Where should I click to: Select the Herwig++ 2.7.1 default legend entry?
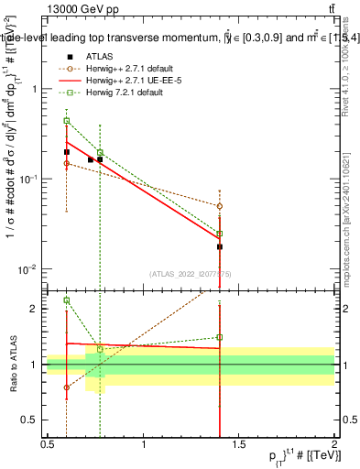click(x=119, y=68)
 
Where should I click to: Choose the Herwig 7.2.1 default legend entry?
click(x=114, y=92)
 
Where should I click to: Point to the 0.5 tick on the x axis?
click(x=48, y=445)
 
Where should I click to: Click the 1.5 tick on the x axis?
click(x=239, y=445)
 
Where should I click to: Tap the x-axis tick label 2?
click(x=334, y=445)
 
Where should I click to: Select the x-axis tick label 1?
click(x=144, y=445)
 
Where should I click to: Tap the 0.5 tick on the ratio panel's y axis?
click(x=34, y=420)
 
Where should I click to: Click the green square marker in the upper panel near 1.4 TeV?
click(x=220, y=234)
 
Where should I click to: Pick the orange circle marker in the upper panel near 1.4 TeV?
click(x=220, y=206)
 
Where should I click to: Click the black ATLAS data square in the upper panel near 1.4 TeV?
click(x=220, y=247)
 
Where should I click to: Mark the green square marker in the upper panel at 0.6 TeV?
click(x=67, y=120)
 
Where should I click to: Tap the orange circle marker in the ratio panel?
click(x=67, y=387)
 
